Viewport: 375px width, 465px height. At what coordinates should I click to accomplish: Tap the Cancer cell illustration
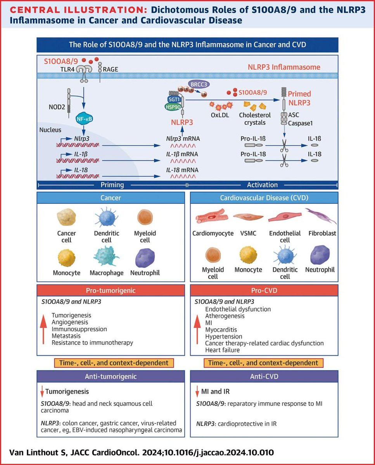[x=66, y=217]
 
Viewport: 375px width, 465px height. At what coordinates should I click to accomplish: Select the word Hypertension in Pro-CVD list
[x=224, y=336]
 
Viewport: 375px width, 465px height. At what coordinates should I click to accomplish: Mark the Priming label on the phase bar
[x=112, y=185]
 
